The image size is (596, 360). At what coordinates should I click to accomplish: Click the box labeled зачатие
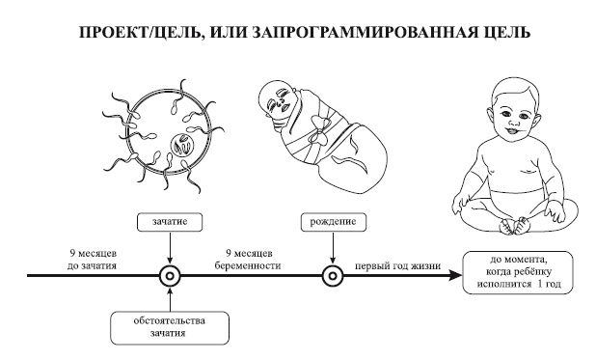(170, 221)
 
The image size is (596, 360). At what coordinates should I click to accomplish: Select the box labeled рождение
(333, 221)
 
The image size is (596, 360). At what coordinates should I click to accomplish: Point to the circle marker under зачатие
(170, 275)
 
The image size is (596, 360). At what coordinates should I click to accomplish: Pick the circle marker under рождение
(333, 275)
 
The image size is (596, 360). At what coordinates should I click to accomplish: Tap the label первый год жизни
(397, 263)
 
